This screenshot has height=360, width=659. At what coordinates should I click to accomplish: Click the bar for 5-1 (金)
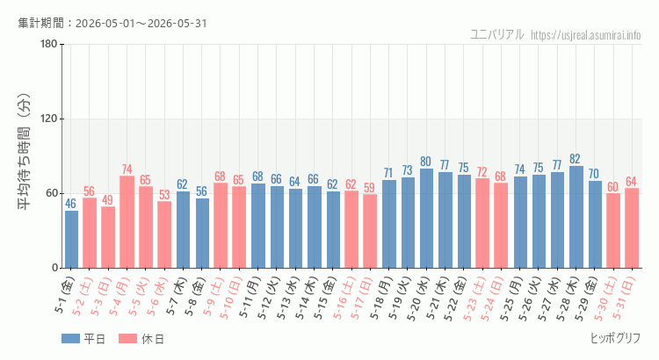pos(71,239)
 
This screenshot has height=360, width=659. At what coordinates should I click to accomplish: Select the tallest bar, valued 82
pos(576,217)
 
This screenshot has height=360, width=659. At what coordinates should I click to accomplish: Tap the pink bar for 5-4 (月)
pos(127,222)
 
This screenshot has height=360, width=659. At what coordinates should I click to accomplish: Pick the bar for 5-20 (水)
pos(426,218)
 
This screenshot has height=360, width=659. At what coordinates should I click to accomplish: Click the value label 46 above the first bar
pos(70,204)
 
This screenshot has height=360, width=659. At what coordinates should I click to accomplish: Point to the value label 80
pos(426,162)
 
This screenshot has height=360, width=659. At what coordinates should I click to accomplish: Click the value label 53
pos(164,195)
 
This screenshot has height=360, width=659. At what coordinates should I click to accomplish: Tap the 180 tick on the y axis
pos(49,44)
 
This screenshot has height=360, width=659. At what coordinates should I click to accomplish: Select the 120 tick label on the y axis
pos(49,119)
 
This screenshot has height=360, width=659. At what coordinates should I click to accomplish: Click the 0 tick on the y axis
pos(55,268)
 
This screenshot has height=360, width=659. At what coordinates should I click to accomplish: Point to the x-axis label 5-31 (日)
pos(624,299)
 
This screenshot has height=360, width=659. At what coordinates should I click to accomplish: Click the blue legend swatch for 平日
pos(70,339)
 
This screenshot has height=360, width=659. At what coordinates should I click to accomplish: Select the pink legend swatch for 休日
pos(127,339)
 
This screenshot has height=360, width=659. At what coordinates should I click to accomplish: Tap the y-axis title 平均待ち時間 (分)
pos(25,152)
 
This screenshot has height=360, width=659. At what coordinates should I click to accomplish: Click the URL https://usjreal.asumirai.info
pos(585,35)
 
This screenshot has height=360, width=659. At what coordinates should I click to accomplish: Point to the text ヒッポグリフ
pos(615,338)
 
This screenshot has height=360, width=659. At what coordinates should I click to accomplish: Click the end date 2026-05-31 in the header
pos(177,23)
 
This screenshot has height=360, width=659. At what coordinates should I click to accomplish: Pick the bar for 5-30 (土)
pos(613,231)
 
